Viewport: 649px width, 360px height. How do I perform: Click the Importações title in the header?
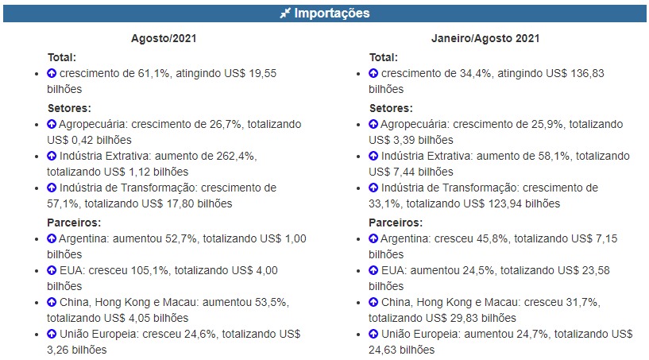click(331, 14)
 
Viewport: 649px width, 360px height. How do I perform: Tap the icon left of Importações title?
click(285, 14)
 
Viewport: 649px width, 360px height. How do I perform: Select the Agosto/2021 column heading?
click(164, 38)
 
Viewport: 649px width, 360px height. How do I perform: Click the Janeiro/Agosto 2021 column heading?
click(486, 38)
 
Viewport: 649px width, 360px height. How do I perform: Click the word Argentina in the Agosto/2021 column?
click(85, 238)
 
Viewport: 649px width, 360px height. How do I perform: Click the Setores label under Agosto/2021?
click(68, 108)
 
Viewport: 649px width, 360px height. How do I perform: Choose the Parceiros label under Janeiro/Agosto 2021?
click(396, 223)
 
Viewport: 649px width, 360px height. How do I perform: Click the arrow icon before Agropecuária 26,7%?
click(52, 124)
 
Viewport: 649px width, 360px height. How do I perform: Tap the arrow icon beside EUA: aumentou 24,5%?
click(373, 270)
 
